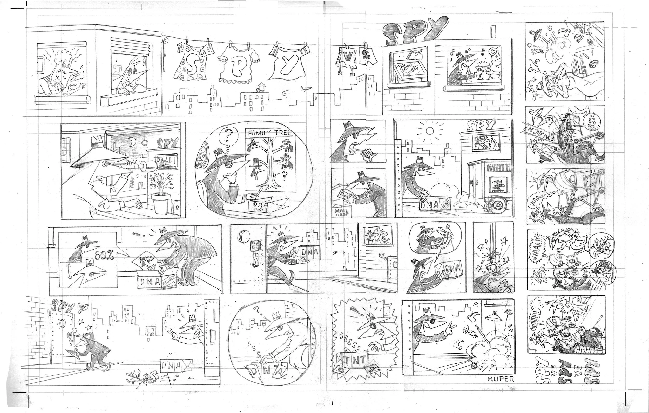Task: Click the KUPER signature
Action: point(501,379)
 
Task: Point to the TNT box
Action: point(353,359)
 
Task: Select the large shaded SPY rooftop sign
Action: point(415,31)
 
